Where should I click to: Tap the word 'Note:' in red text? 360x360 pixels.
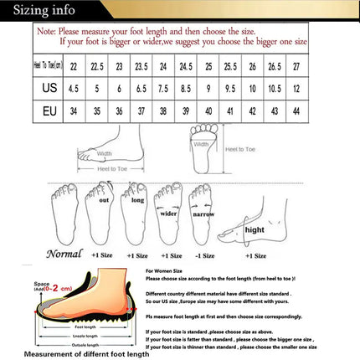(x=48, y=29)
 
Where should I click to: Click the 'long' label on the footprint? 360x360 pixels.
(x=138, y=200)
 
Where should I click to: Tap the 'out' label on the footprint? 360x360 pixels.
(x=104, y=201)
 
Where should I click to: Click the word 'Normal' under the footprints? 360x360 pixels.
(x=64, y=254)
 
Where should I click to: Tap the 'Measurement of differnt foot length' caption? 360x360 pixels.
(x=86, y=353)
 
